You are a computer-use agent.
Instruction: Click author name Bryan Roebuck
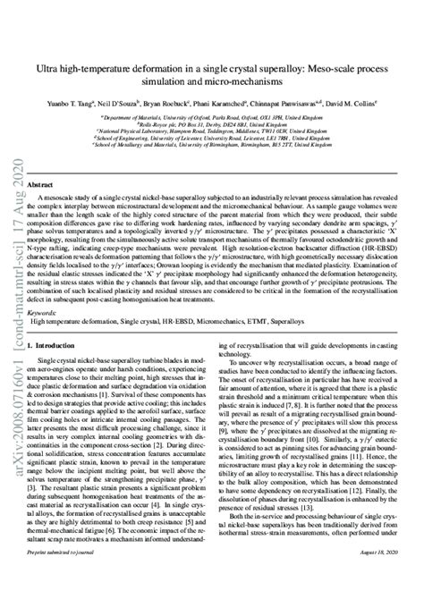192,105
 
